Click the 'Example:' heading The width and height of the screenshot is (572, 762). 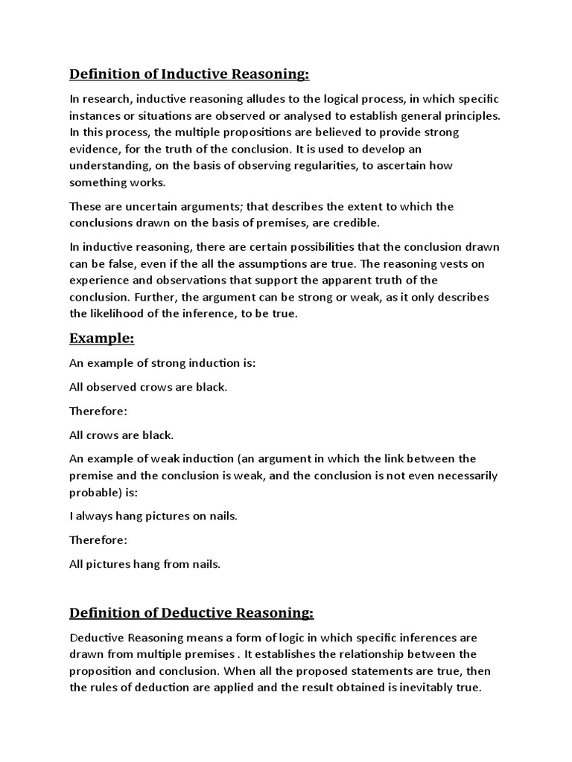tap(102, 339)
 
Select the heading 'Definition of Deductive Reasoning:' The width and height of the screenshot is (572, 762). tap(191, 612)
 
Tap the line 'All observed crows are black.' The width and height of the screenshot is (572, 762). tap(148, 387)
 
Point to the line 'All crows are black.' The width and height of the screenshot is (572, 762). tap(121, 435)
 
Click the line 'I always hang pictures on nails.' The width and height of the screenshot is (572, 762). tap(153, 516)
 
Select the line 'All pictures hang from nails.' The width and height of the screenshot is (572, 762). tap(145, 564)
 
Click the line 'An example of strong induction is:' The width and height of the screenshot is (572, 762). tap(162, 363)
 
